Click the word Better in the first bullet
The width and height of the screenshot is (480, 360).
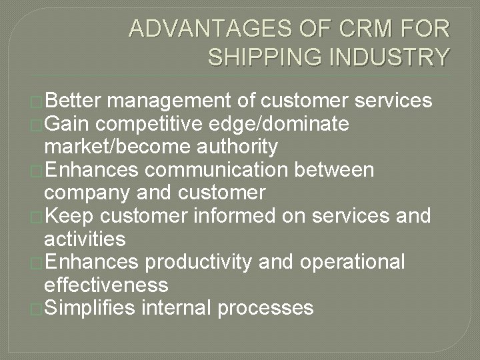click(73, 101)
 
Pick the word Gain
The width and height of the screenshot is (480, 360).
click(67, 123)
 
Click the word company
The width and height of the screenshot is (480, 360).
click(87, 193)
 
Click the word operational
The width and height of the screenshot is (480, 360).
click(353, 262)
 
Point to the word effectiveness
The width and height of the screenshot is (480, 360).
click(105, 285)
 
